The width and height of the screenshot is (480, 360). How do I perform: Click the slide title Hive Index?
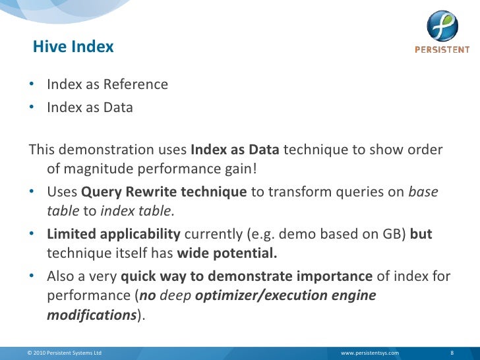point(73,47)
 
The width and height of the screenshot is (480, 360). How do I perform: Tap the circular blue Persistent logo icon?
point(441,26)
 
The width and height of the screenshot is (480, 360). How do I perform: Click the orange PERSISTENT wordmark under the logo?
point(442,50)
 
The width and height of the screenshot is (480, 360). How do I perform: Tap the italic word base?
point(423,192)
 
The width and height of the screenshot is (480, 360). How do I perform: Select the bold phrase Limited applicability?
point(113,234)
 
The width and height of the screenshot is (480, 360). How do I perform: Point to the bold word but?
point(421,234)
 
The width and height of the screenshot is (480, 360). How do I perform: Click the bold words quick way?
point(153,276)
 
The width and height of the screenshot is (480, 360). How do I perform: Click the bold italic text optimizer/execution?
point(264,295)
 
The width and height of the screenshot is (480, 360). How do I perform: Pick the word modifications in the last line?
point(91,315)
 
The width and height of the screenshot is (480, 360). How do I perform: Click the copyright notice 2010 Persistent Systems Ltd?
point(65,353)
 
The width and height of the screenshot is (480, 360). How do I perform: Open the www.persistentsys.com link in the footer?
point(369,353)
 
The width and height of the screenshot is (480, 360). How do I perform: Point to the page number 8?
point(452,353)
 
